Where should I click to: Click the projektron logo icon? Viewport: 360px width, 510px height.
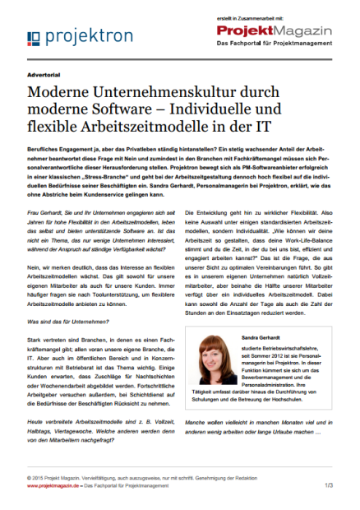(33, 39)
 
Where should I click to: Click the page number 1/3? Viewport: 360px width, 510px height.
(328, 485)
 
